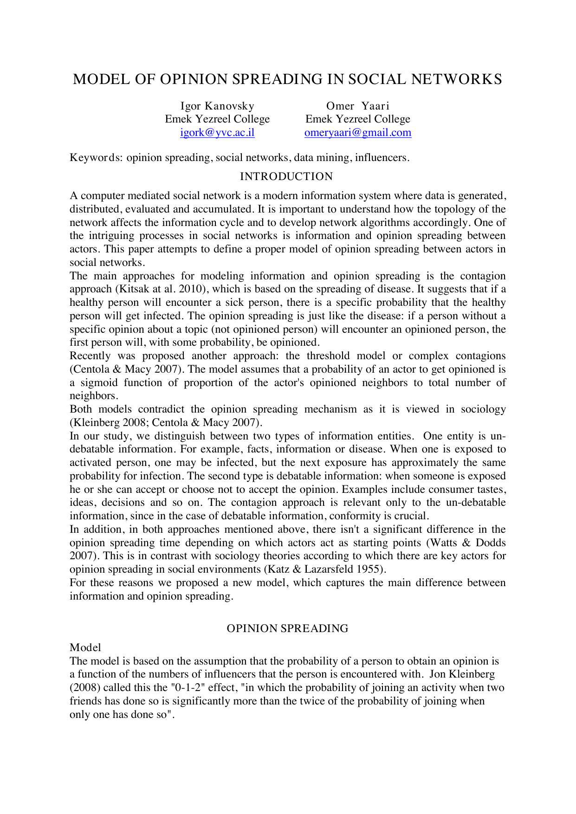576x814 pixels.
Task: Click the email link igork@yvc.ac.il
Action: [217, 133]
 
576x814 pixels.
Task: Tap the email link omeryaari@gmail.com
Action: [357, 133]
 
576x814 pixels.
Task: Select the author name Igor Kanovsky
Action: [217, 106]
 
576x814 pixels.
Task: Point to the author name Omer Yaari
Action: [357, 106]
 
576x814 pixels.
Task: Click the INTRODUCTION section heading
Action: [286, 177]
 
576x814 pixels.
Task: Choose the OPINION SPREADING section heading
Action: [287, 628]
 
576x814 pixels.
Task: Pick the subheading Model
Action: [85, 647]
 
